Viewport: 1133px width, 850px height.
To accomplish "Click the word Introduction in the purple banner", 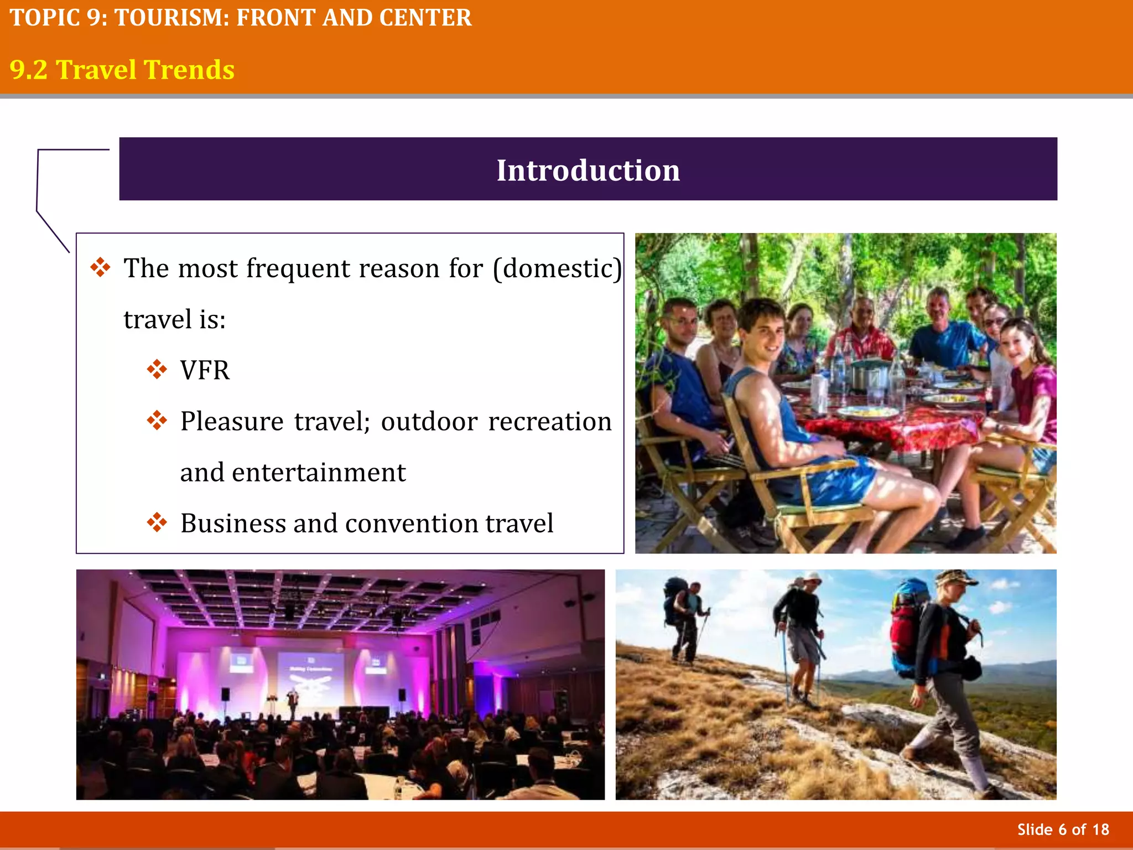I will pyautogui.click(x=588, y=170).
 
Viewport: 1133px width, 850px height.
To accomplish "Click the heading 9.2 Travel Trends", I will pyautogui.click(x=122, y=70).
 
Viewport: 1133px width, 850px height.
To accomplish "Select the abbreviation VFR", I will pyautogui.click(x=205, y=370).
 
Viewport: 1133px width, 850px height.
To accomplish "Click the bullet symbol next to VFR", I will pyautogui.click(x=157, y=369).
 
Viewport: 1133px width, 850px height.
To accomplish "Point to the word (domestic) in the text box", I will pyautogui.click(x=557, y=268).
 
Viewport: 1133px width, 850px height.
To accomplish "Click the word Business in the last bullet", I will pyautogui.click(x=232, y=523).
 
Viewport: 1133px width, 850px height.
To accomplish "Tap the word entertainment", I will pyautogui.click(x=319, y=473).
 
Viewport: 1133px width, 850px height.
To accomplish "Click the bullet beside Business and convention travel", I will pyautogui.click(x=157, y=522).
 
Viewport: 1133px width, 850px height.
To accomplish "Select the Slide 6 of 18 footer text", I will pyautogui.click(x=1063, y=830).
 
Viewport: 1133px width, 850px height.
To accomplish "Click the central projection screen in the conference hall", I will pyautogui.click(x=311, y=678).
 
